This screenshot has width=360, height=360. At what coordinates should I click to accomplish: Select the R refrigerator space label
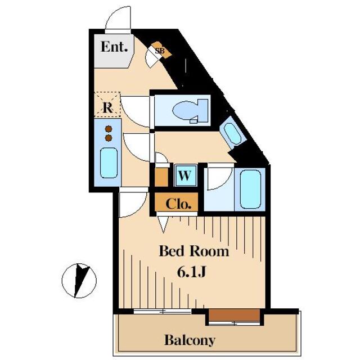tap(106, 105)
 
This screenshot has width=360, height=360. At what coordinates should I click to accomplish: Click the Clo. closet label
tap(178, 203)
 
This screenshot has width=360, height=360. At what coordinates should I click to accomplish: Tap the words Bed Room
tap(194, 251)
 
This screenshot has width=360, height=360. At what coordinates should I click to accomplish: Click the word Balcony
tap(190, 340)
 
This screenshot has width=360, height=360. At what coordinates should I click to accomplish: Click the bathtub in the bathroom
tap(251, 189)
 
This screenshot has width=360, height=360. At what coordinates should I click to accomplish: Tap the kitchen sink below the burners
tap(109, 164)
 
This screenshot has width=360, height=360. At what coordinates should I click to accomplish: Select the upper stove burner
tap(108, 129)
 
